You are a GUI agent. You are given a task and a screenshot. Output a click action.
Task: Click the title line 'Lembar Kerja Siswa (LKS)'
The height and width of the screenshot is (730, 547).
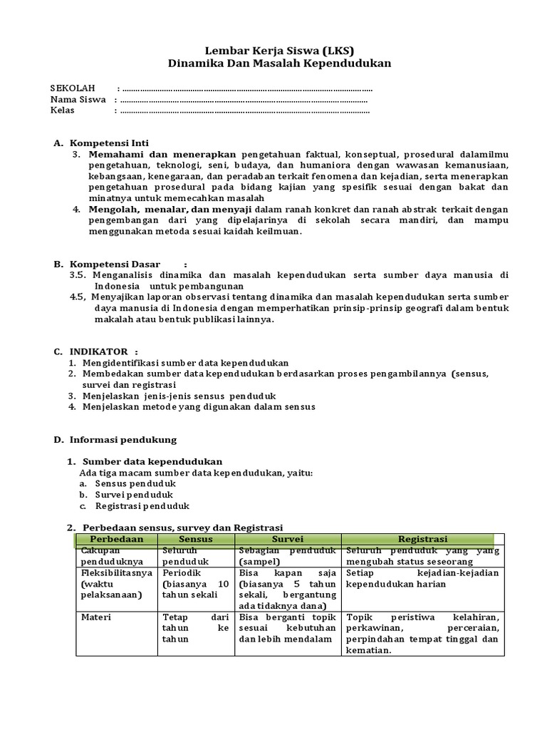pos(279,50)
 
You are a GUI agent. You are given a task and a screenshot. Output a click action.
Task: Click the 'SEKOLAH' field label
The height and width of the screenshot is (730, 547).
pos(73,88)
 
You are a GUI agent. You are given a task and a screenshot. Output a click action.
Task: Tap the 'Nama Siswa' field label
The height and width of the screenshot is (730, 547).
pos(78,100)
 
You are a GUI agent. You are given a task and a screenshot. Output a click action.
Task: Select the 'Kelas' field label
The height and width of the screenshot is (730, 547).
pos(62,111)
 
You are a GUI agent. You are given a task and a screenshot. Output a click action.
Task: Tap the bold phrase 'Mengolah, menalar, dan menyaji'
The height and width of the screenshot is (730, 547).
pos(170,209)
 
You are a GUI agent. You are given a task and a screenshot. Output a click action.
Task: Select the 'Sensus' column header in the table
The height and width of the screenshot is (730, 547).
pos(196,539)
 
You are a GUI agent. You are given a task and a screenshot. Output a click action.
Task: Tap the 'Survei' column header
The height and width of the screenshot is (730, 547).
pos(288,539)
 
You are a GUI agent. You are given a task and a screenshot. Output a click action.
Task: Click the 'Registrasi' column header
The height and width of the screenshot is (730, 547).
pos(422,539)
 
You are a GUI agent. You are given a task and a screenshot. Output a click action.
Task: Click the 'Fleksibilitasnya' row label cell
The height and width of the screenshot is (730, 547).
pos(115,573)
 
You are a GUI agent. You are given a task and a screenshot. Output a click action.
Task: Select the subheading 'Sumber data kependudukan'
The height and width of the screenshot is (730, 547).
pos(152,461)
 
